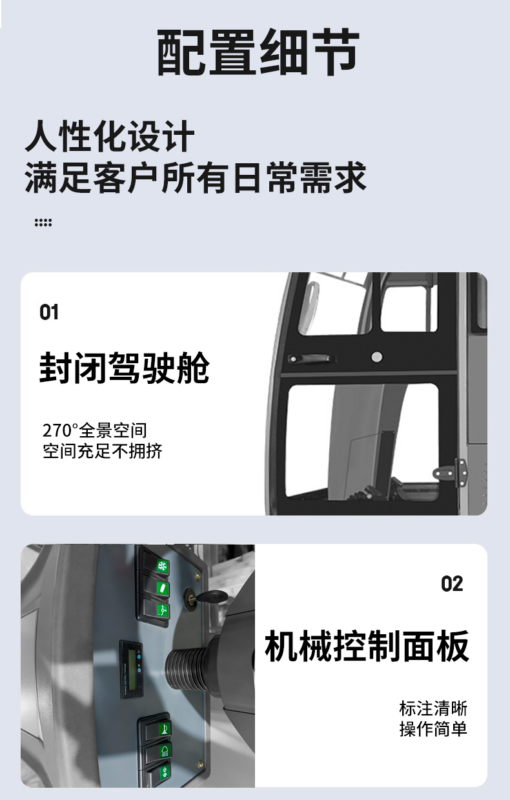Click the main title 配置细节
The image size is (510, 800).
258,52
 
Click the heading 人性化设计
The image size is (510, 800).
110,136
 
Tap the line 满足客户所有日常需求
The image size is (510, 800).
196,177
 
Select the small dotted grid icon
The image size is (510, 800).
43,223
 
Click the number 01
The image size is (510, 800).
49,312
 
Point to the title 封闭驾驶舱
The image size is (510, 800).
124,368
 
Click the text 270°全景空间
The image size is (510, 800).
95,430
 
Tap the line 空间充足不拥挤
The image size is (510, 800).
103,451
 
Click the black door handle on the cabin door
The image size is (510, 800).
312,358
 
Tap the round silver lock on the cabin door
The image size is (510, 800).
377,356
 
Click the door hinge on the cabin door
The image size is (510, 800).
451,473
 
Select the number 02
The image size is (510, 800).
452,584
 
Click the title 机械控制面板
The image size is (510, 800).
367,646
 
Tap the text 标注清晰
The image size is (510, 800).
433,708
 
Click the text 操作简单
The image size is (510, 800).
433,729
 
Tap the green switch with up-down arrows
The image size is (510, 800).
165,771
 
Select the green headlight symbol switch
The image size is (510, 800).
165,750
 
